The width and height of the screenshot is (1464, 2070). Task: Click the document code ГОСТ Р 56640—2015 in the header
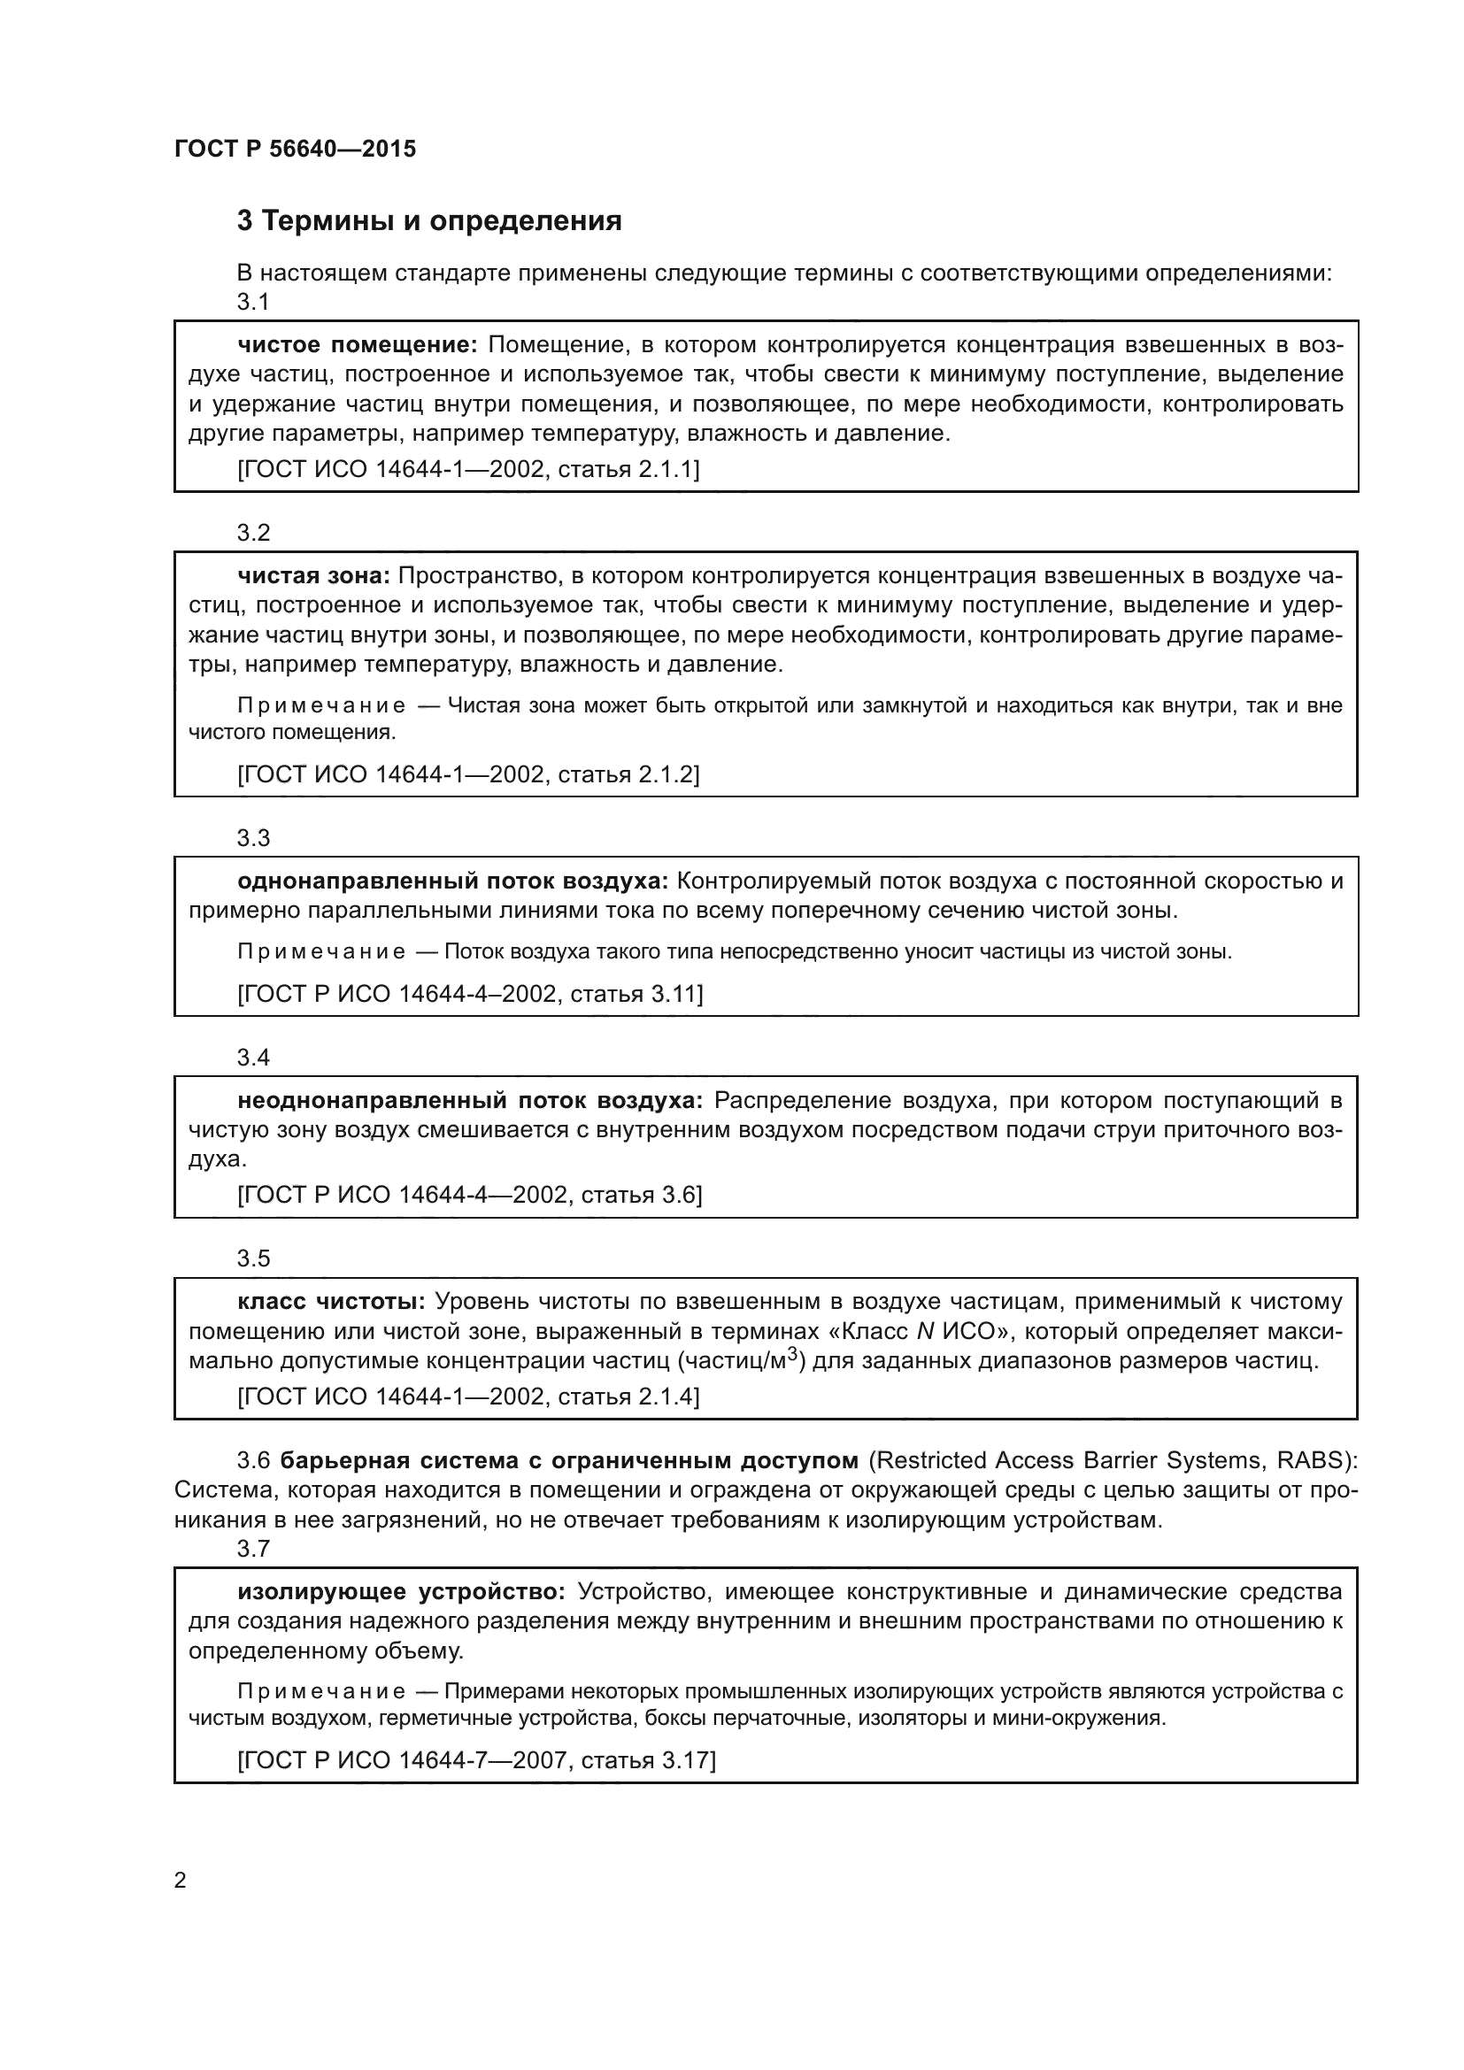coord(295,149)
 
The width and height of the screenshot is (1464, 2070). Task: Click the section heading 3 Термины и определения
coord(429,221)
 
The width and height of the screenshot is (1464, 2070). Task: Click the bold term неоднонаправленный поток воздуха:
coord(470,1101)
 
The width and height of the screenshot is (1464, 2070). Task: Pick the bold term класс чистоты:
coord(331,1302)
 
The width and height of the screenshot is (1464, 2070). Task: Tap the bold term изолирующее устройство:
coord(401,1591)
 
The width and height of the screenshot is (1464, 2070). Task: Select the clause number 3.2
coord(253,533)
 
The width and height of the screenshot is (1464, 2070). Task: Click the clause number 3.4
coord(253,1058)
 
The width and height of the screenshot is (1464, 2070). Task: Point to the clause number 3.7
coord(253,1549)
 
